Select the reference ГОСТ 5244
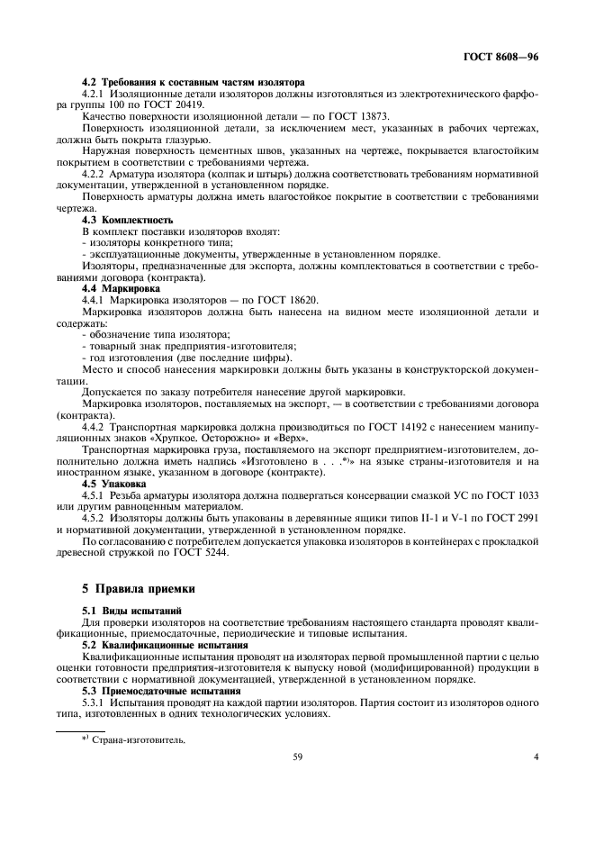(197, 553)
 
